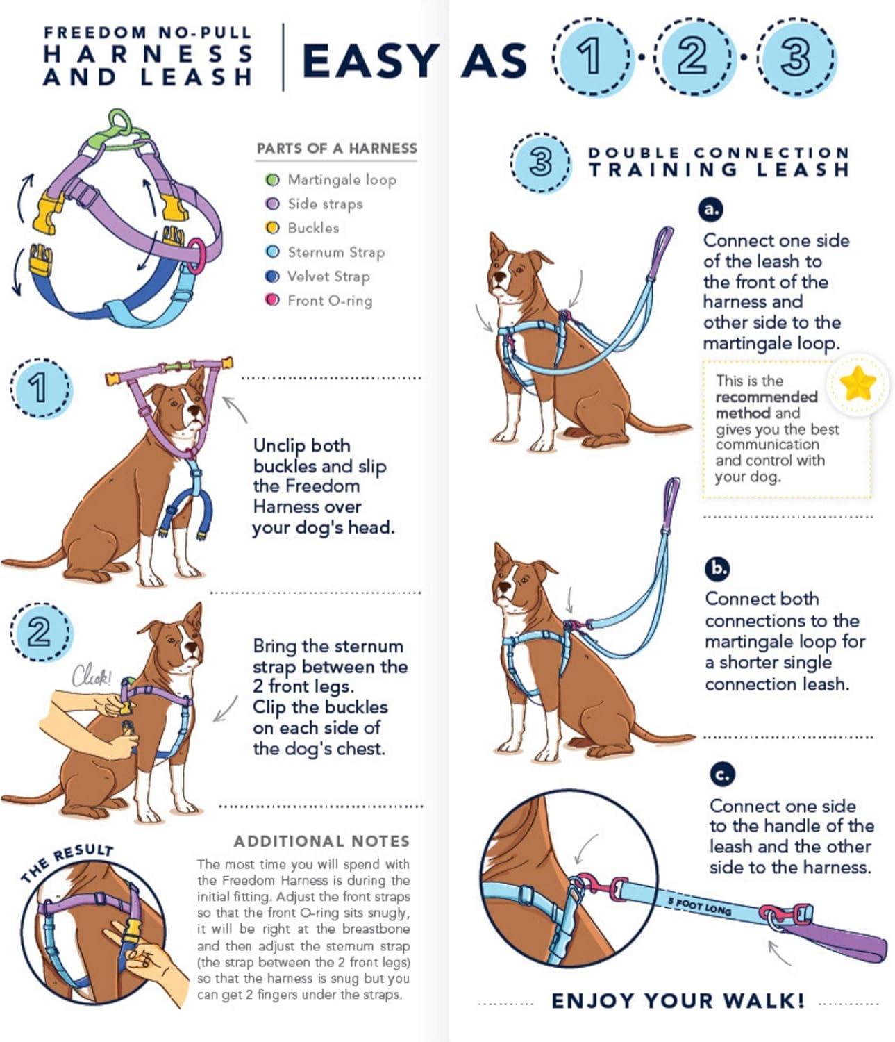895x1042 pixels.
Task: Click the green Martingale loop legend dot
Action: (273, 180)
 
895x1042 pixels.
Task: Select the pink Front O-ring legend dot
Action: (273, 300)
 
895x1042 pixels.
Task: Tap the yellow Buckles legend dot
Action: (273, 228)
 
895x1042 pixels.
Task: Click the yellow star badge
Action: (857, 383)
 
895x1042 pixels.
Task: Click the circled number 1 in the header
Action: (591, 56)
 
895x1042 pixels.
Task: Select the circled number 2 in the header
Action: (692, 56)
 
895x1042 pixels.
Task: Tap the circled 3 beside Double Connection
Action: (540, 162)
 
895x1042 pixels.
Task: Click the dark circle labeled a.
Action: (710, 209)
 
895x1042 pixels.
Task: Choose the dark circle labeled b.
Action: (717, 569)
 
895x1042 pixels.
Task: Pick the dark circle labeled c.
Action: (722, 774)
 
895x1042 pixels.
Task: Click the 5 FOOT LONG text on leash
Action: (699, 907)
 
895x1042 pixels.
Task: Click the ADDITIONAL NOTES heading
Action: (321, 841)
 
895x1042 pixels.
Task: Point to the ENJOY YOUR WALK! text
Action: (678, 1001)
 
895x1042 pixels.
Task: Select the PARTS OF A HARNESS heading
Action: (337, 149)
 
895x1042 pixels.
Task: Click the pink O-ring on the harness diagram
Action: (196, 255)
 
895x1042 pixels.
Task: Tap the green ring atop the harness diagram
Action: (120, 122)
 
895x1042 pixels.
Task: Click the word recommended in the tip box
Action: (766, 397)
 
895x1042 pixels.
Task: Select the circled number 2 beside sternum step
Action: (39, 632)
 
